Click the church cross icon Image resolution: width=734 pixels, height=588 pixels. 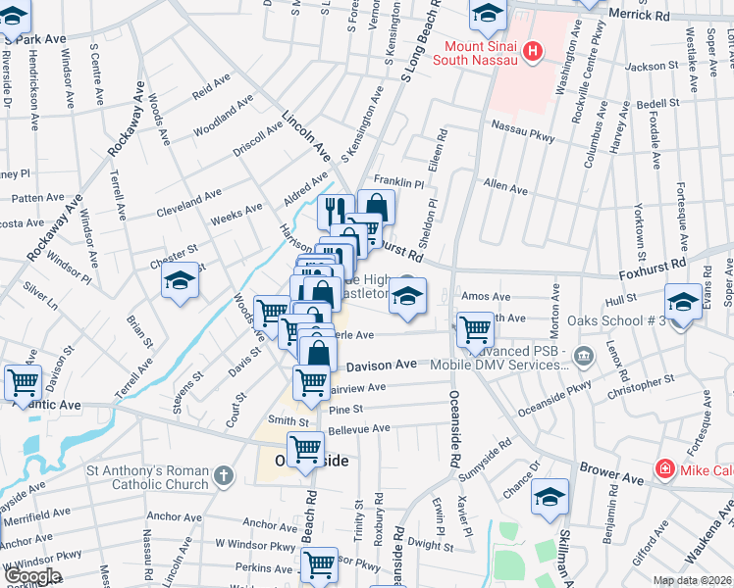click(x=224, y=477)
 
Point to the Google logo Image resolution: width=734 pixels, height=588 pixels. click(x=31, y=577)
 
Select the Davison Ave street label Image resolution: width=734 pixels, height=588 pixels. click(x=382, y=365)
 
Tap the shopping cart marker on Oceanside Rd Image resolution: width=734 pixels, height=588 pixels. click(x=475, y=329)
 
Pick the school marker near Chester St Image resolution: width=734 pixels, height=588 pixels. click(x=180, y=282)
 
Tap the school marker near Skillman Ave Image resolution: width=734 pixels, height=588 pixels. click(x=550, y=497)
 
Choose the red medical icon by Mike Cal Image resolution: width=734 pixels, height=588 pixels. click(x=665, y=469)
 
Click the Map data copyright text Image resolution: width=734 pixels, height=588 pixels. click(x=693, y=580)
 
